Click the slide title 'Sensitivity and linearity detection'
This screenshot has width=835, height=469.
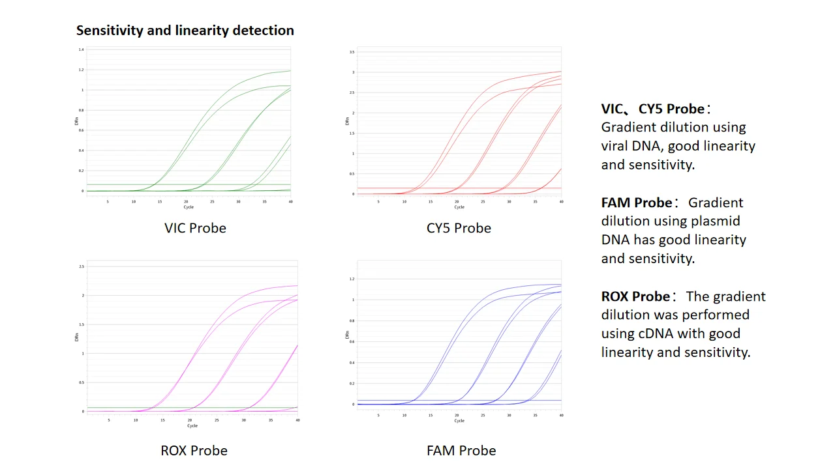185,30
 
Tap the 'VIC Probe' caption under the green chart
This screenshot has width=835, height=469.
195,228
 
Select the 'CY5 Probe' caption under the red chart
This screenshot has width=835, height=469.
459,228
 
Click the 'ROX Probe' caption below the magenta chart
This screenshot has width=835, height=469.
194,450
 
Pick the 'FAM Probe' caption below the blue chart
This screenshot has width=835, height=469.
461,450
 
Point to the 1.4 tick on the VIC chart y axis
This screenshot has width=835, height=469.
81,50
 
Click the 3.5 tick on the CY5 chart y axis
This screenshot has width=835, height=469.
352,51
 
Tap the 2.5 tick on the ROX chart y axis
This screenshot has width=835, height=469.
81,267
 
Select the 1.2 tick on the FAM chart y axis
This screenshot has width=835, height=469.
351,279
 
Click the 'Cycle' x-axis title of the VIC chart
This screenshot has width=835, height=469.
189,207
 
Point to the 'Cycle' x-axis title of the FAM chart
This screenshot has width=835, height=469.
459,421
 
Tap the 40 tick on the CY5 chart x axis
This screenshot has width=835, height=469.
561,201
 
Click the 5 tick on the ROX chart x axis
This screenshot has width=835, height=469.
109,420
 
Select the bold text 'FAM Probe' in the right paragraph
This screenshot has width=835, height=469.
637,203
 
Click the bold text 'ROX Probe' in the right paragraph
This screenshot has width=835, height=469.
635,296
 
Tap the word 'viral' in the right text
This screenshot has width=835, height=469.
616,146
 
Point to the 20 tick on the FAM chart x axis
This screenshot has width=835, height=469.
457,415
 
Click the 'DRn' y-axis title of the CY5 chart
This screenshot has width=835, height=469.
348,121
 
